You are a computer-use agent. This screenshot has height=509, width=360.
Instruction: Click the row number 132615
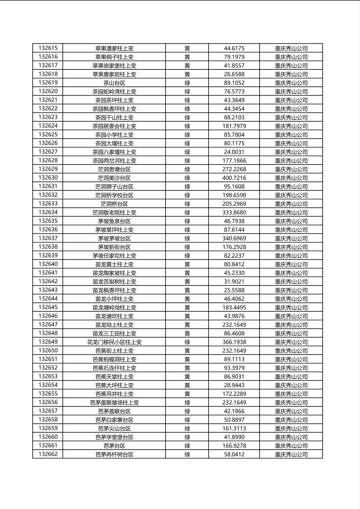tap(48, 48)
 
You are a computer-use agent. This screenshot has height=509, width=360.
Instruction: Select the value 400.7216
tap(234, 178)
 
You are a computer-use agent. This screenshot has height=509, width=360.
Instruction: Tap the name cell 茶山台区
tap(114, 83)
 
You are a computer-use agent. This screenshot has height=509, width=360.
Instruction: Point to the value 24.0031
tap(234, 152)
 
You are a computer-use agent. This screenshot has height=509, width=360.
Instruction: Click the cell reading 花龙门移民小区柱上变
tap(114, 342)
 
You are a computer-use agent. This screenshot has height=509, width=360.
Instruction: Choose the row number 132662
tap(48, 454)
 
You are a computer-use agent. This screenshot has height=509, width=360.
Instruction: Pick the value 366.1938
tap(234, 342)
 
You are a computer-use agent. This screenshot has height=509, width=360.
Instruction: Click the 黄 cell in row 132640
tap(187, 264)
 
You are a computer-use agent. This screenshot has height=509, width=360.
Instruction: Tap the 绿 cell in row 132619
tap(187, 83)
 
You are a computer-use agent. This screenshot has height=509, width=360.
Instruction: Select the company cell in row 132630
tap(291, 178)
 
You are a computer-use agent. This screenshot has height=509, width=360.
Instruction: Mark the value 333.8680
tap(234, 213)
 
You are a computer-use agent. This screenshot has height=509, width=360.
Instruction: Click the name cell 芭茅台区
tap(114, 446)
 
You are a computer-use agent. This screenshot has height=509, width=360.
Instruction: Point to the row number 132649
tap(48, 342)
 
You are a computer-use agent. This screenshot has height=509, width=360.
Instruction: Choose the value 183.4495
tap(234, 307)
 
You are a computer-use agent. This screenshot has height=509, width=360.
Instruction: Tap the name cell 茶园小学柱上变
tap(114, 135)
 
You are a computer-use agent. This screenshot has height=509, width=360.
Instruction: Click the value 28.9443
tap(234, 385)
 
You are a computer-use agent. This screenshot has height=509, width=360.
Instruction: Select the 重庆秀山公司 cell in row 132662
tap(291, 454)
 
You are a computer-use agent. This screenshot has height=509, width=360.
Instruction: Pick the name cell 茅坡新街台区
tap(114, 247)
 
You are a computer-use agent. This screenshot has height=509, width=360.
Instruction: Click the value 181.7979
tap(234, 126)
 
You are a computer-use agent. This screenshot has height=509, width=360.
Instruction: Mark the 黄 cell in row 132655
tap(187, 394)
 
